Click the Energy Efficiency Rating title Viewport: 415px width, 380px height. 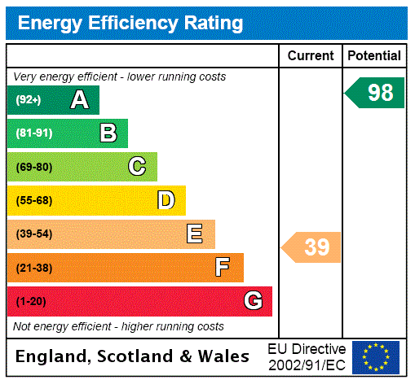click(x=130, y=23)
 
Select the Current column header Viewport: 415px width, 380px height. click(x=311, y=55)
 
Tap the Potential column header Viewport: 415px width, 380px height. click(x=374, y=55)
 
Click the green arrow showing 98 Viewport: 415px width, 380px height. click(x=377, y=93)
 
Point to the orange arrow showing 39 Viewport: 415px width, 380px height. click(x=313, y=247)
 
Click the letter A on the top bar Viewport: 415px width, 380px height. click(x=79, y=100)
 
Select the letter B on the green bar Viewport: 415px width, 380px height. click(x=108, y=133)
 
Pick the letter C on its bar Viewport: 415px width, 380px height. click(x=137, y=167)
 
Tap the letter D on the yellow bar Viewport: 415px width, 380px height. click(x=166, y=200)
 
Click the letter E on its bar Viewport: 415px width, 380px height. click(x=195, y=234)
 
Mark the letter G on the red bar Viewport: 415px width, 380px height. click(x=254, y=301)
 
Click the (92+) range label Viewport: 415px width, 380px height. click(x=29, y=100)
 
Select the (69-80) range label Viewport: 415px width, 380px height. click(x=33, y=167)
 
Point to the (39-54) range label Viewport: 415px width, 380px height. click(x=33, y=234)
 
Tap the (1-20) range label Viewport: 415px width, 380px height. click(x=31, y=301)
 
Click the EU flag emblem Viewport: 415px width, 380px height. click(x=376, y=357)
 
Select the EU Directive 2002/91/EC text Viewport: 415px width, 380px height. click(x=307, y=356)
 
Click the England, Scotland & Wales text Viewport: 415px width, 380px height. click(x=133, y=356)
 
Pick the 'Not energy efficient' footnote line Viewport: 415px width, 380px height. click(x=118, y=326)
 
